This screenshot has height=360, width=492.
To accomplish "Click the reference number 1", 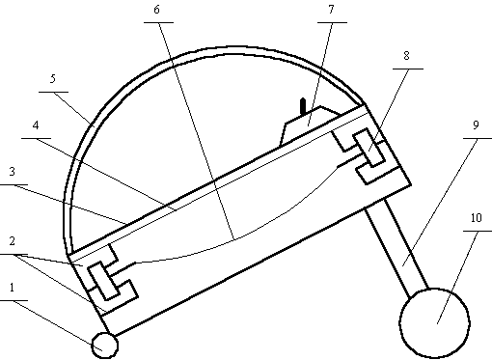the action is click(13, 288).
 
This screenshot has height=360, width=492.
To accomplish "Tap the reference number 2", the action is click(13, 241).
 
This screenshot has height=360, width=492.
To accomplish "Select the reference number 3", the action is click(13, 172).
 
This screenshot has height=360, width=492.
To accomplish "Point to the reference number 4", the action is click(36, 125).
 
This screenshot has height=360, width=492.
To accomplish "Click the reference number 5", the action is click(53, 79).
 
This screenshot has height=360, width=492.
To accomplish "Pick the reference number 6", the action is click(156, 10).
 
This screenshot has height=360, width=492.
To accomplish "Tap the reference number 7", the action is click(331, 10).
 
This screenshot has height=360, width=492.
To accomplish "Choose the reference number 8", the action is click(406, 56).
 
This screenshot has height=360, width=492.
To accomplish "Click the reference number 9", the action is click(477, 125).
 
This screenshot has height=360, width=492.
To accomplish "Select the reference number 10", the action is click(477, 218).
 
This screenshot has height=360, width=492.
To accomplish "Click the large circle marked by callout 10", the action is click(434, 323).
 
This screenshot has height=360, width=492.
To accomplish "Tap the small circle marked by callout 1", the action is click(104, 346).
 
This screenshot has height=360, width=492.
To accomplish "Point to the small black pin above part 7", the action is click(303, 106).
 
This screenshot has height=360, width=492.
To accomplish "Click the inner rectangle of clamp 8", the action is click(369, 148).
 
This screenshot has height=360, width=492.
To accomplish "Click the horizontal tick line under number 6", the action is click(158, 22).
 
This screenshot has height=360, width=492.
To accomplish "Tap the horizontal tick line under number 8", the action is click(408, 69).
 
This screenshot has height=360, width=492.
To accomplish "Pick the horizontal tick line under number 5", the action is click(53, 92).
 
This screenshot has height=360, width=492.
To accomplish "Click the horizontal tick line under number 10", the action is click(478, 231).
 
